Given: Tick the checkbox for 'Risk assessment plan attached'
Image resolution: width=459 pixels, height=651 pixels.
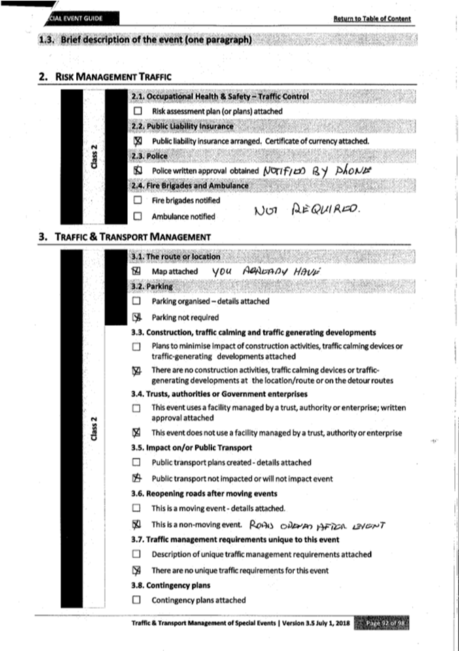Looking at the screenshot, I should coord(138,111).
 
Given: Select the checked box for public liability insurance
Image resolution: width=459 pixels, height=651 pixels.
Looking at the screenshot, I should coord(138,141).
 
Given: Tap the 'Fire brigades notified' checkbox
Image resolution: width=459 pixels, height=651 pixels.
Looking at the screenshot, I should coord(138,201).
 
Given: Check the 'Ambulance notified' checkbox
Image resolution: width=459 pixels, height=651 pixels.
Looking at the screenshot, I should coord(138,216).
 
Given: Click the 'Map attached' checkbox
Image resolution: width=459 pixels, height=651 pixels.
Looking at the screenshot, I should coord(136,271).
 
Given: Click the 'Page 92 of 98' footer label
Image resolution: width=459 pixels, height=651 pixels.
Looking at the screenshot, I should coord(384,622).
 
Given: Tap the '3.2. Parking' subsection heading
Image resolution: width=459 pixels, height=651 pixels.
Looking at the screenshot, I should coord(149,286).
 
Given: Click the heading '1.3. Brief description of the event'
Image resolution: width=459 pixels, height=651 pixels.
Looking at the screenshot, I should coord(146,40).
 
